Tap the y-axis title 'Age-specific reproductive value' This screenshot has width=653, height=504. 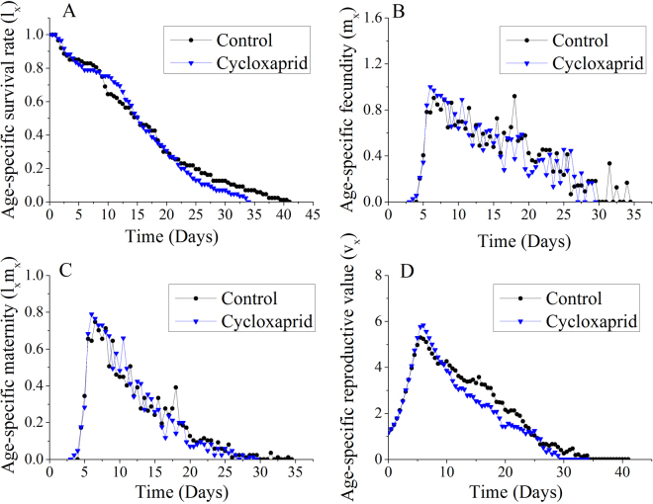click(349, 371)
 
